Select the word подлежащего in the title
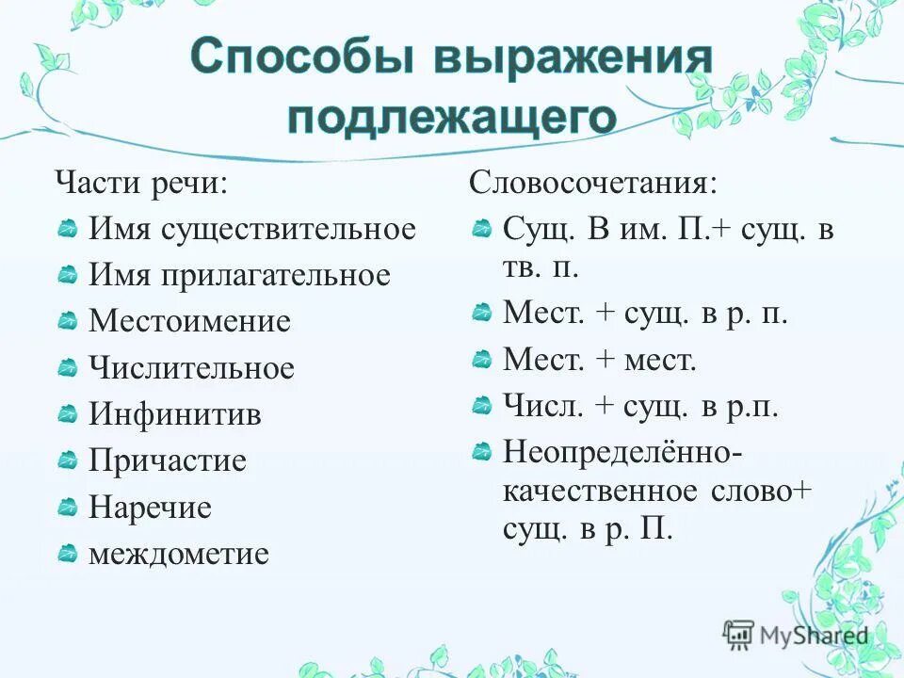452,119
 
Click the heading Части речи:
140,182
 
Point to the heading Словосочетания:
592,182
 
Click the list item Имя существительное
251,229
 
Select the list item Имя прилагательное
239,275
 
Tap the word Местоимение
189,321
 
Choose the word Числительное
191,368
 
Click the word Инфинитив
174,414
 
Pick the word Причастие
167,460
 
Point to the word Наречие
150,508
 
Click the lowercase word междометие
178,554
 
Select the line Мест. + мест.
600,359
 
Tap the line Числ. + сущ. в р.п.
640,406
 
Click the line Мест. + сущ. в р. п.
645,313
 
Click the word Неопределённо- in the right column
622,452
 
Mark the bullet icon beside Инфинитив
67,414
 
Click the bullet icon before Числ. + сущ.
481,406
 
